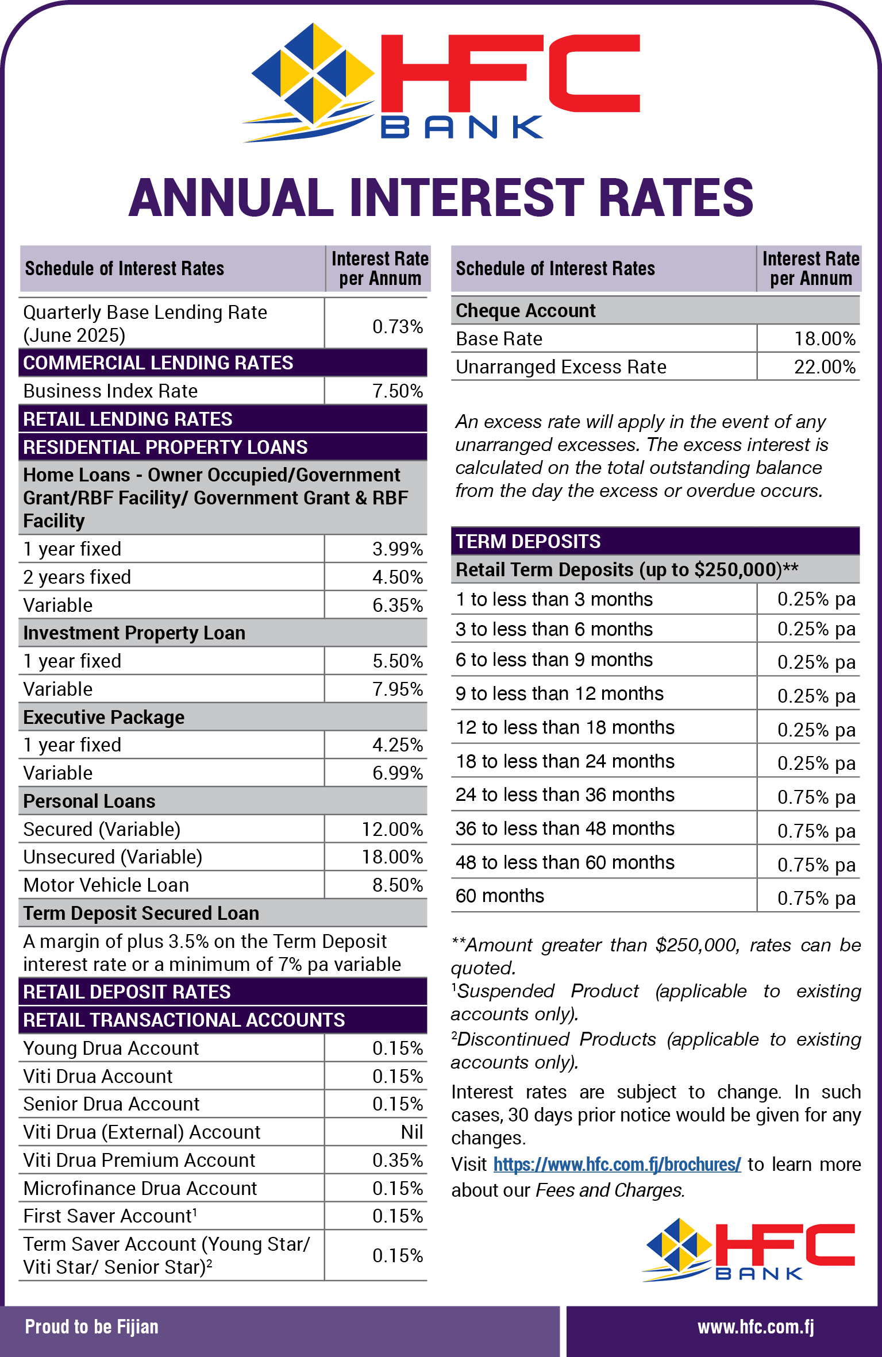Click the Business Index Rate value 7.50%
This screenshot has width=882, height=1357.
pyautogui.click(x=397, y=391)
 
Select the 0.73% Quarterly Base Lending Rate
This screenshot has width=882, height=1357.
pyautogui.click(x=397, y=326)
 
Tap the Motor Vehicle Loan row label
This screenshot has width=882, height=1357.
pyautogui.click(x=106, y=885)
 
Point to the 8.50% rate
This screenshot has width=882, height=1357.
pyautogui.click(x=397, y=885)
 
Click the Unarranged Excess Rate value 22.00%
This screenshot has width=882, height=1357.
pyautogui.click(x=825, y=367)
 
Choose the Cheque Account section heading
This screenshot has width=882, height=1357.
pyautogui.click(x=525, y=311)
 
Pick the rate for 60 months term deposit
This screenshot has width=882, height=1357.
pyautogui.click(x=816, y=898)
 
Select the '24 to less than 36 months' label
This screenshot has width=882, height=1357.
pyautogui.click(x=565, y=795)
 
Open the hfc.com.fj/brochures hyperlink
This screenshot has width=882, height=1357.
pyautogui.click(x=617, y=1165)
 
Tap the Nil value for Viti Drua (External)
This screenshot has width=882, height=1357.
pyautogui.click(x=412, y=1132)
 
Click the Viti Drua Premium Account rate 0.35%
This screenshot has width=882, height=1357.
pyautogui.click(x=397, y=1160)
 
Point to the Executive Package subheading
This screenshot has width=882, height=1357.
pyautogui.click(x=104, y=718)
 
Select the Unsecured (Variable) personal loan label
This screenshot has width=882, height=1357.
pyautogui.click(x=113, y=857)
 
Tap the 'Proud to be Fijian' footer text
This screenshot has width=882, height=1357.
pyautogui.click(x=91, y=1327)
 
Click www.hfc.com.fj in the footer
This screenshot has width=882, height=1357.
pyautogui.click(x=756, y=1327)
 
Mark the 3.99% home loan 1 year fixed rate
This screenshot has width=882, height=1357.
pyautogui.click(x=397, y=549)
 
